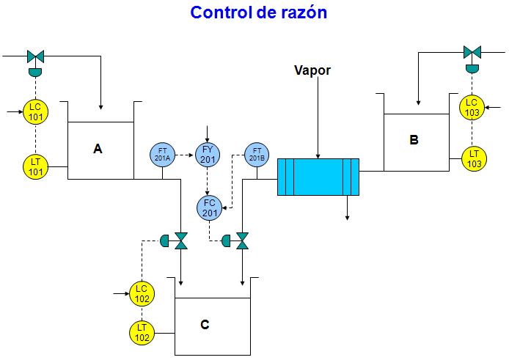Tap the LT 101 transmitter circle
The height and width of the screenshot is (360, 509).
[x=35, y=165]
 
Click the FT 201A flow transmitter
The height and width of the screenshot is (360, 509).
[x=163, y=154]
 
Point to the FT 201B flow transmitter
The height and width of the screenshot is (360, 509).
[x=256, y=154]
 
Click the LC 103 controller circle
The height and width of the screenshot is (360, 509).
[x=472, y=107]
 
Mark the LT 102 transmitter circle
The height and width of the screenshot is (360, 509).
[x=142, y=333]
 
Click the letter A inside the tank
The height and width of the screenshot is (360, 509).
[x=98, y=149]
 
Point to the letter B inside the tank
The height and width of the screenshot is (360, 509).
[x=414, y=139]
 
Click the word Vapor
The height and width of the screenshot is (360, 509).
[x=312, y=71]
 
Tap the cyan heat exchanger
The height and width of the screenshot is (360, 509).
[x=318, y=177]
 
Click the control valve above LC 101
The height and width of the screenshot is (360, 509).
[x=35, y=56]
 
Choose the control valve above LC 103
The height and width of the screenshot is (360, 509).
[x=472, y=52]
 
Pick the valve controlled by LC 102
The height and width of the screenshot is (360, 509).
[x=180, y=240]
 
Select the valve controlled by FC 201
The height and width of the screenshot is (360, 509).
[x=242, y=240]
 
